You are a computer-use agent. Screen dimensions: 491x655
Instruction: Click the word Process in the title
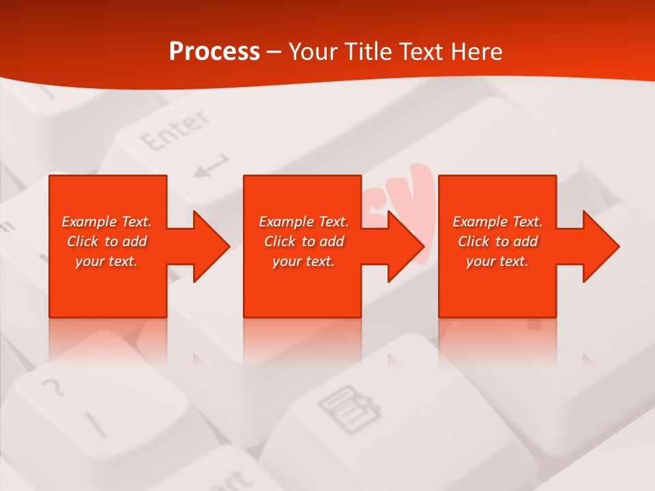pyautogui.click(x=214, y=52)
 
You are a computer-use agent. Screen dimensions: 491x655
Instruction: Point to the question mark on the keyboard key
pyautogui.click(x=53, y=389)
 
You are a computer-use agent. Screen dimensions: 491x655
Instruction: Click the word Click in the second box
pyautogui.click(x=280, y=241)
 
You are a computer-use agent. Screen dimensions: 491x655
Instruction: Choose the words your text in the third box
pyautogui.click(x=497, y=261)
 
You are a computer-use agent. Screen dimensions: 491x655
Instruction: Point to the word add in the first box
pyautogui.click(x=135, y=241)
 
